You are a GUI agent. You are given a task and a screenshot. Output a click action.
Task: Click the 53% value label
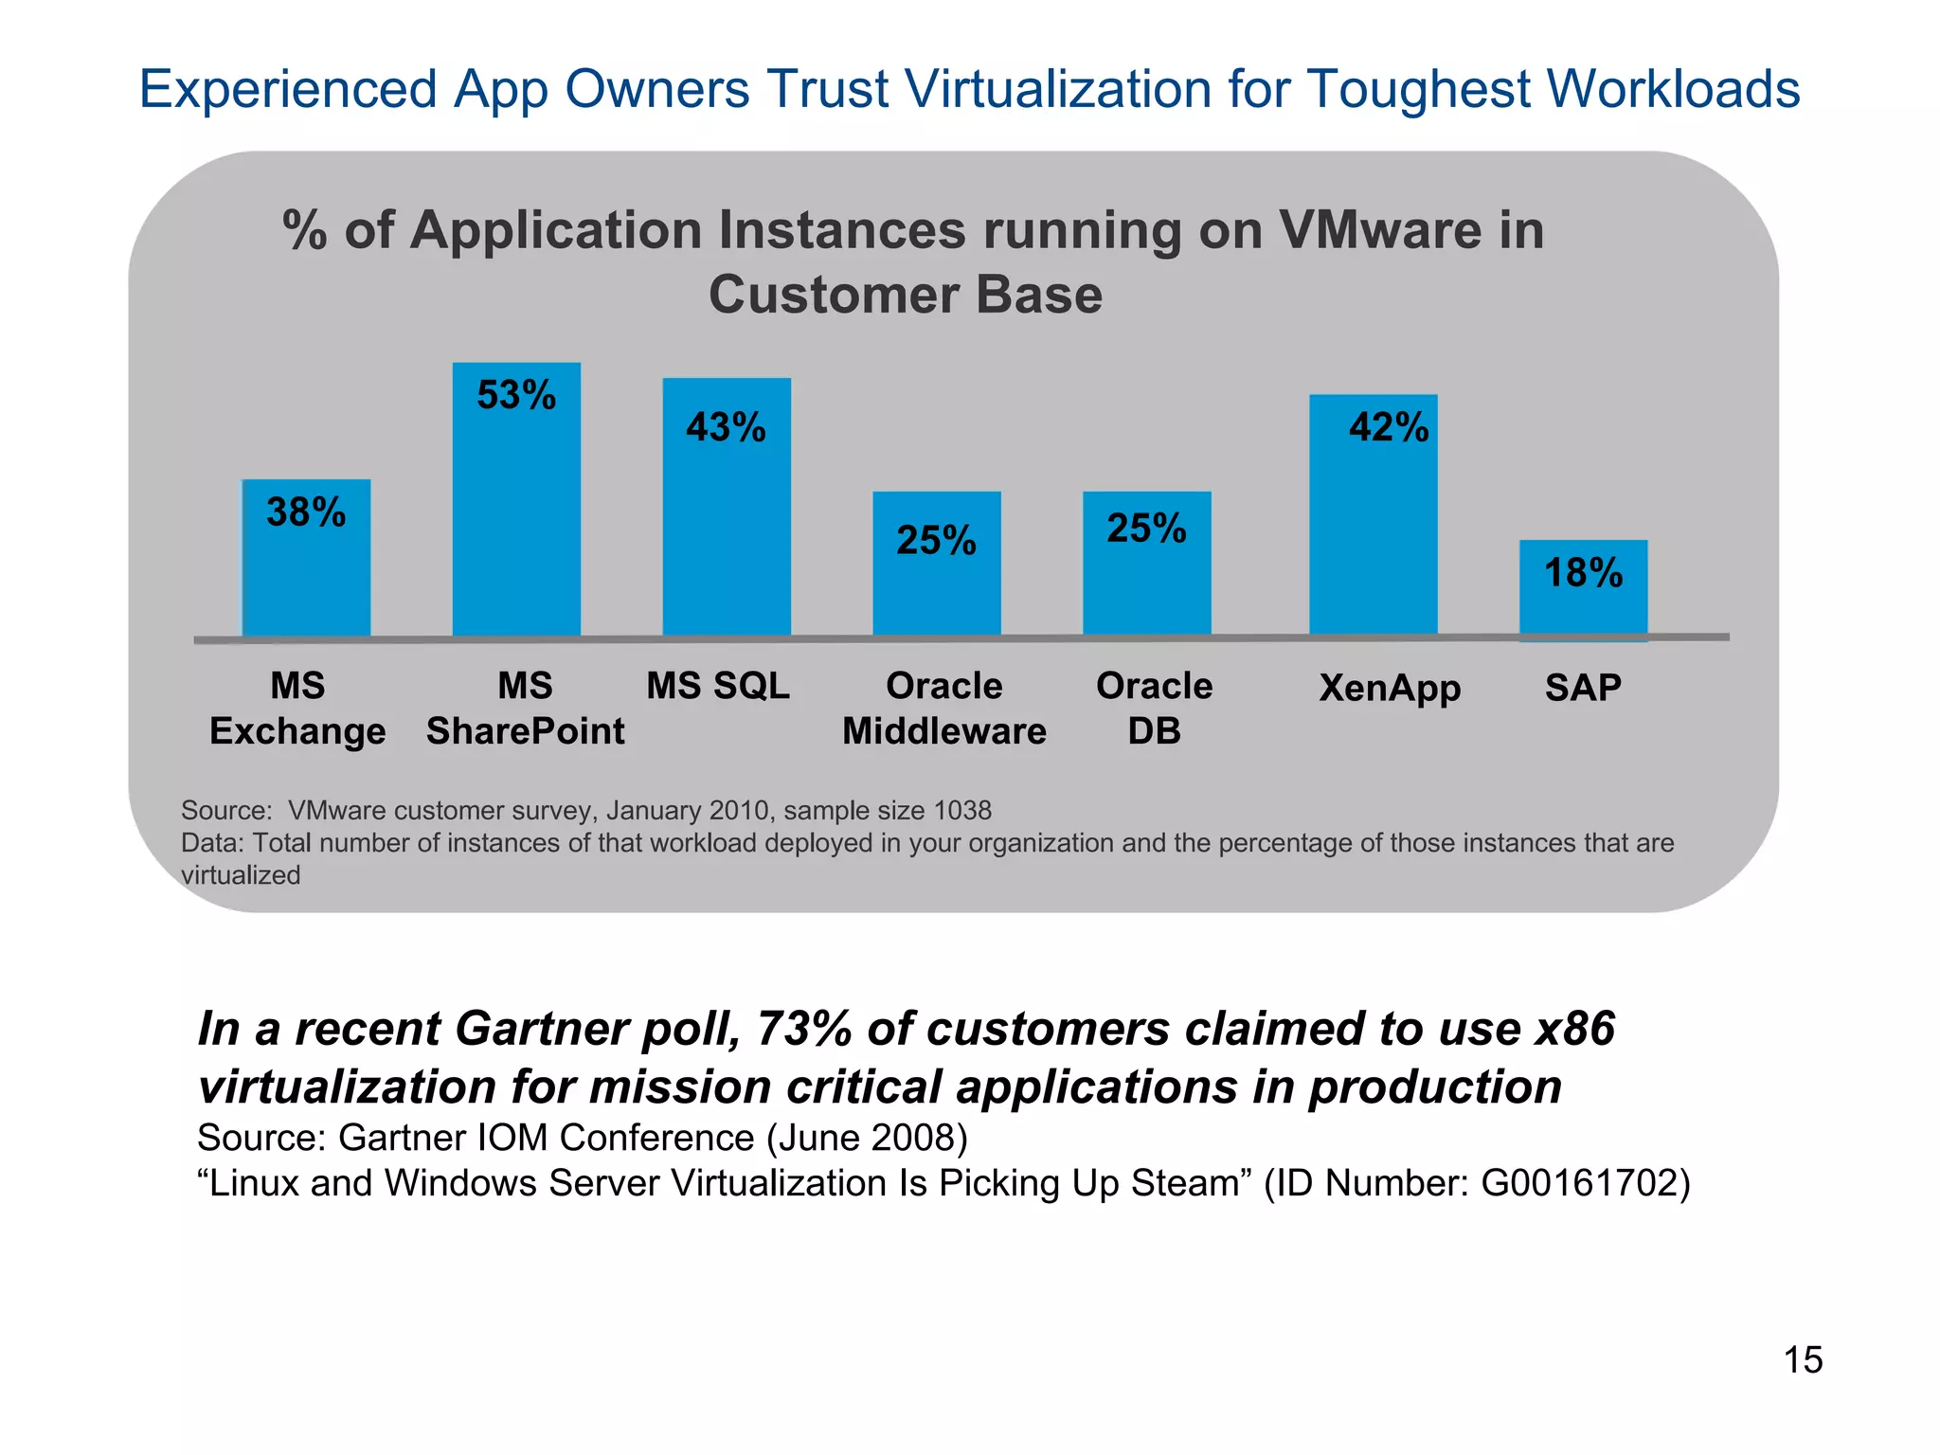515,395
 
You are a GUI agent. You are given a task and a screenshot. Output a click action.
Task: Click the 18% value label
1583,573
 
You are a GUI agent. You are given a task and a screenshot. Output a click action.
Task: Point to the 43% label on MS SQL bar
726,427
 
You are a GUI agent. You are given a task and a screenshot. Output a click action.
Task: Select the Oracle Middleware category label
943,709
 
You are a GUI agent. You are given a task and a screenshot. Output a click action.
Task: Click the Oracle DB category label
1154,709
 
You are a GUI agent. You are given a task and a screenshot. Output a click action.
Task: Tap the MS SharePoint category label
525,709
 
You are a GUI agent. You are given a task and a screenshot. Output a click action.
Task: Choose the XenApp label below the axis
1390,688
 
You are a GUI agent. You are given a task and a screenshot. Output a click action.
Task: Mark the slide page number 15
1803,1359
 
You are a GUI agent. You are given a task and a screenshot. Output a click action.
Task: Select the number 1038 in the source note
962,811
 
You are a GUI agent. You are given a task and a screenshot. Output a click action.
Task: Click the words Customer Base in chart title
906,295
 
